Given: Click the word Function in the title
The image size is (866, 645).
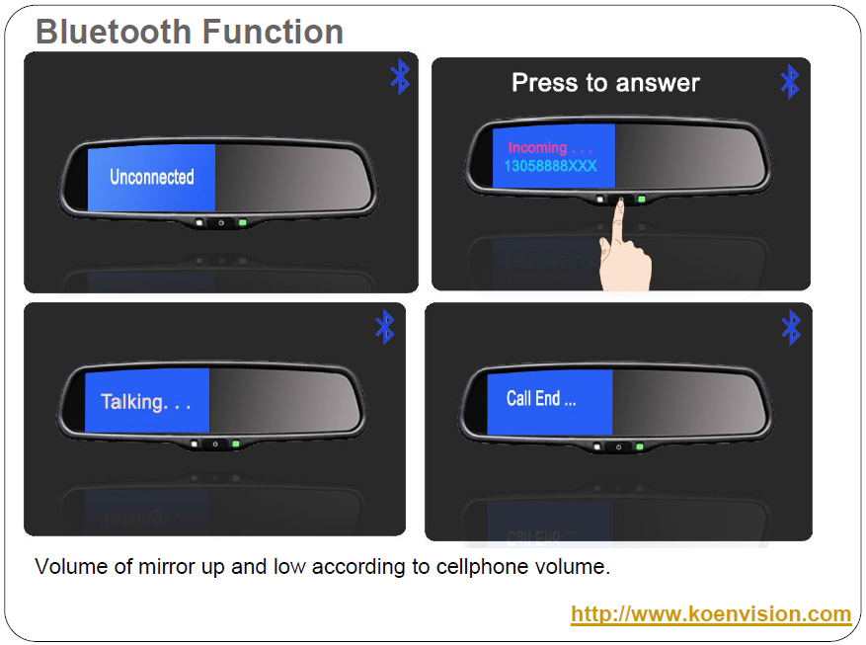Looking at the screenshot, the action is click(273, 32).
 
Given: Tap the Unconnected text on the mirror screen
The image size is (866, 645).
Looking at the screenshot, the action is click(152, 177).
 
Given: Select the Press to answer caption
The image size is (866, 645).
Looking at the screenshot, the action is click(605, 83).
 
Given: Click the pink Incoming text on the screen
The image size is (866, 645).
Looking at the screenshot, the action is click(550, 147).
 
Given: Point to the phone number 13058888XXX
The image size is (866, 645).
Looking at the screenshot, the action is click(550, 166).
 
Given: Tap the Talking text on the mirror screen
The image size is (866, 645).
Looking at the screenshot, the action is click(146, 401).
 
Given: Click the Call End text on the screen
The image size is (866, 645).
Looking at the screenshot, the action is click(541, 398).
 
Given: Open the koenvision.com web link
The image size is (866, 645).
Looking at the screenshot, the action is click(711, 614).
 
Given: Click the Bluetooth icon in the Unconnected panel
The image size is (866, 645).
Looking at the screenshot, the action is click(401, 76).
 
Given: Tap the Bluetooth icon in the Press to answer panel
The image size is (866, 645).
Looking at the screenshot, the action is click(790, 82).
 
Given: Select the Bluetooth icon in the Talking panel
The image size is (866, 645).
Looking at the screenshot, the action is click(385, 327).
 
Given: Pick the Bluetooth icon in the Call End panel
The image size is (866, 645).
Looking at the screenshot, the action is click(791, 328).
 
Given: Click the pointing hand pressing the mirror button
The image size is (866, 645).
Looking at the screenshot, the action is click(625, 249).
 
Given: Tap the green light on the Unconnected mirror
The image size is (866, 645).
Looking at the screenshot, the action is click(242, 222).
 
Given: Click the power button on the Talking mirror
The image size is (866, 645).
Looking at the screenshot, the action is click(215, 443).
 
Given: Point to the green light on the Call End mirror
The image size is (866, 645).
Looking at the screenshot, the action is click(640, 446).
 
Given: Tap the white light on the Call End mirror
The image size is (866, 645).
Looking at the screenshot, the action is click(597, 446).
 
